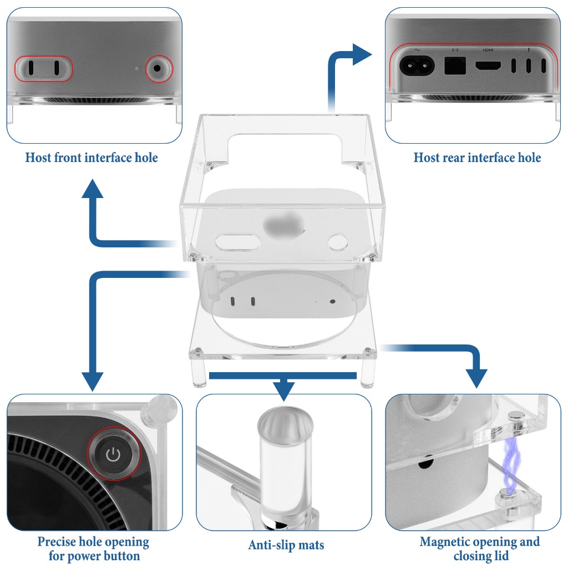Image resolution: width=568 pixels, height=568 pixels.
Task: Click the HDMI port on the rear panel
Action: (x=488, y=66)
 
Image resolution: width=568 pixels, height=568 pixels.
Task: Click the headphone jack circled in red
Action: (x=159, y=68)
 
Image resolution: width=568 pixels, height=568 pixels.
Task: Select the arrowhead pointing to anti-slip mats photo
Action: (x=284, y=390)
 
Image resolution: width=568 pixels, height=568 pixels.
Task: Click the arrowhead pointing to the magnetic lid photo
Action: (x=476, y=377)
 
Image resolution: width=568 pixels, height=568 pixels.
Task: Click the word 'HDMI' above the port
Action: (x=488, y=50)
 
